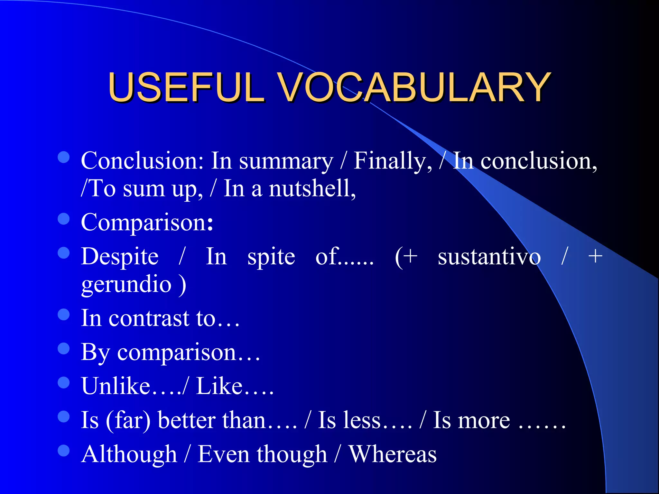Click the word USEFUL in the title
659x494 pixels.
coord(187,87)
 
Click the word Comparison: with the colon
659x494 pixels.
coord(147,223)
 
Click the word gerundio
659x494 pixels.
coord(126,285)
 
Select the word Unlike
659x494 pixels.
coord(116,386)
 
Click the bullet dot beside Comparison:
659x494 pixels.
coord(64,219)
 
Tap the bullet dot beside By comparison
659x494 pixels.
coord(64,349)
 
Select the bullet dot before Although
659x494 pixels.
coord(64,451)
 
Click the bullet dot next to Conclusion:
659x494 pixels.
coord(64,157)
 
